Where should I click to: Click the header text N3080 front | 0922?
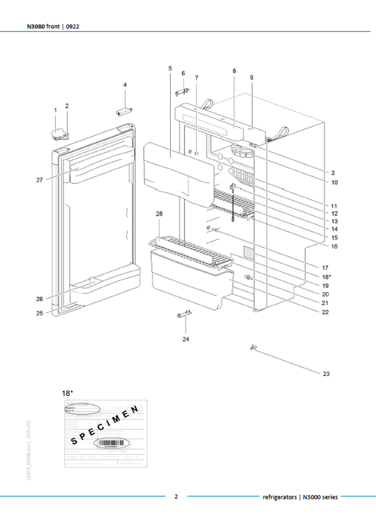tap(47, 27)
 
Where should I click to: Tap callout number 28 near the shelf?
tap(159, 213)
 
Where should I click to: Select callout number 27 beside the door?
tap(40, 180)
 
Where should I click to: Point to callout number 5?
tap(171, 68)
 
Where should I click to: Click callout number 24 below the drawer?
tap(186, 339)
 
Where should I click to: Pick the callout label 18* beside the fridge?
tap(326, 277)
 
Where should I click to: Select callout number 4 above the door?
tap(125, 85)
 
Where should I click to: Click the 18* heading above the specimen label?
tap(68, 389)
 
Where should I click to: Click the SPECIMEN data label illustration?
tap(104, 432)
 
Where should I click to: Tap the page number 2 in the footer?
tap(176, 496)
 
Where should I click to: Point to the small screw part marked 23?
tap(252, 348)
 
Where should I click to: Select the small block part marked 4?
tap(125, 111)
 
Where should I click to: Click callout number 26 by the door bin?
tap(40, 299)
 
